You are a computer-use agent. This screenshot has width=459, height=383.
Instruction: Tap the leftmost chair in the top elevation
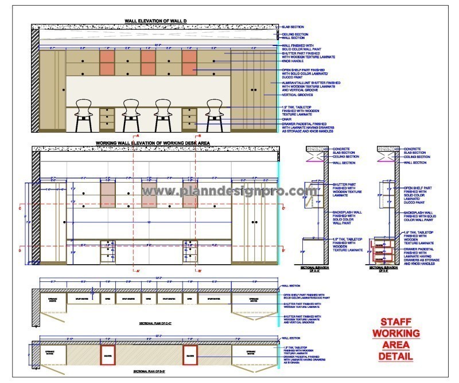point(84,114)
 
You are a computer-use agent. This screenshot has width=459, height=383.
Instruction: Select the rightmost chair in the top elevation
point(215,114)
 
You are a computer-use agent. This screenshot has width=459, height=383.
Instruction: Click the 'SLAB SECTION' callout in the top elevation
point(293,27)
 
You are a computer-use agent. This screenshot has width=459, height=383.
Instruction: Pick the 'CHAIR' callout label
point(287,119)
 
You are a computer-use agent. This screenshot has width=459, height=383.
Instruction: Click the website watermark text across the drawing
point(229,191)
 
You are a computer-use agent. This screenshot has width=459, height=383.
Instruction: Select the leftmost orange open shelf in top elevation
point(107,57)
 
